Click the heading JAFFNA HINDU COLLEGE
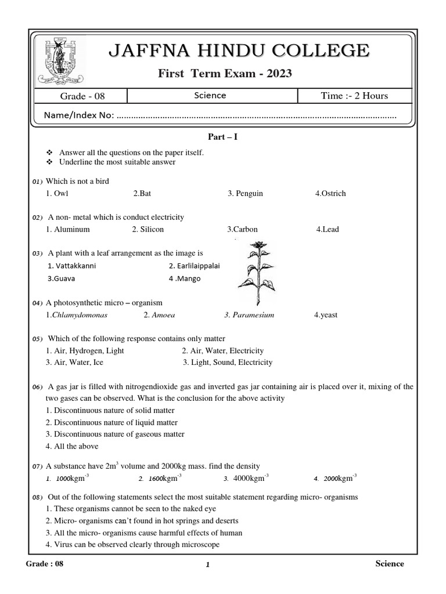(x=239, y=50)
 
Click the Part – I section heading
(x=223, y=137)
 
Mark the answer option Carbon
(x=242, y=229)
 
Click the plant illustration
(x=256, y=273)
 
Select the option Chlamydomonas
(x=77, y=315)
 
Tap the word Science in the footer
(x=390, y=564)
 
